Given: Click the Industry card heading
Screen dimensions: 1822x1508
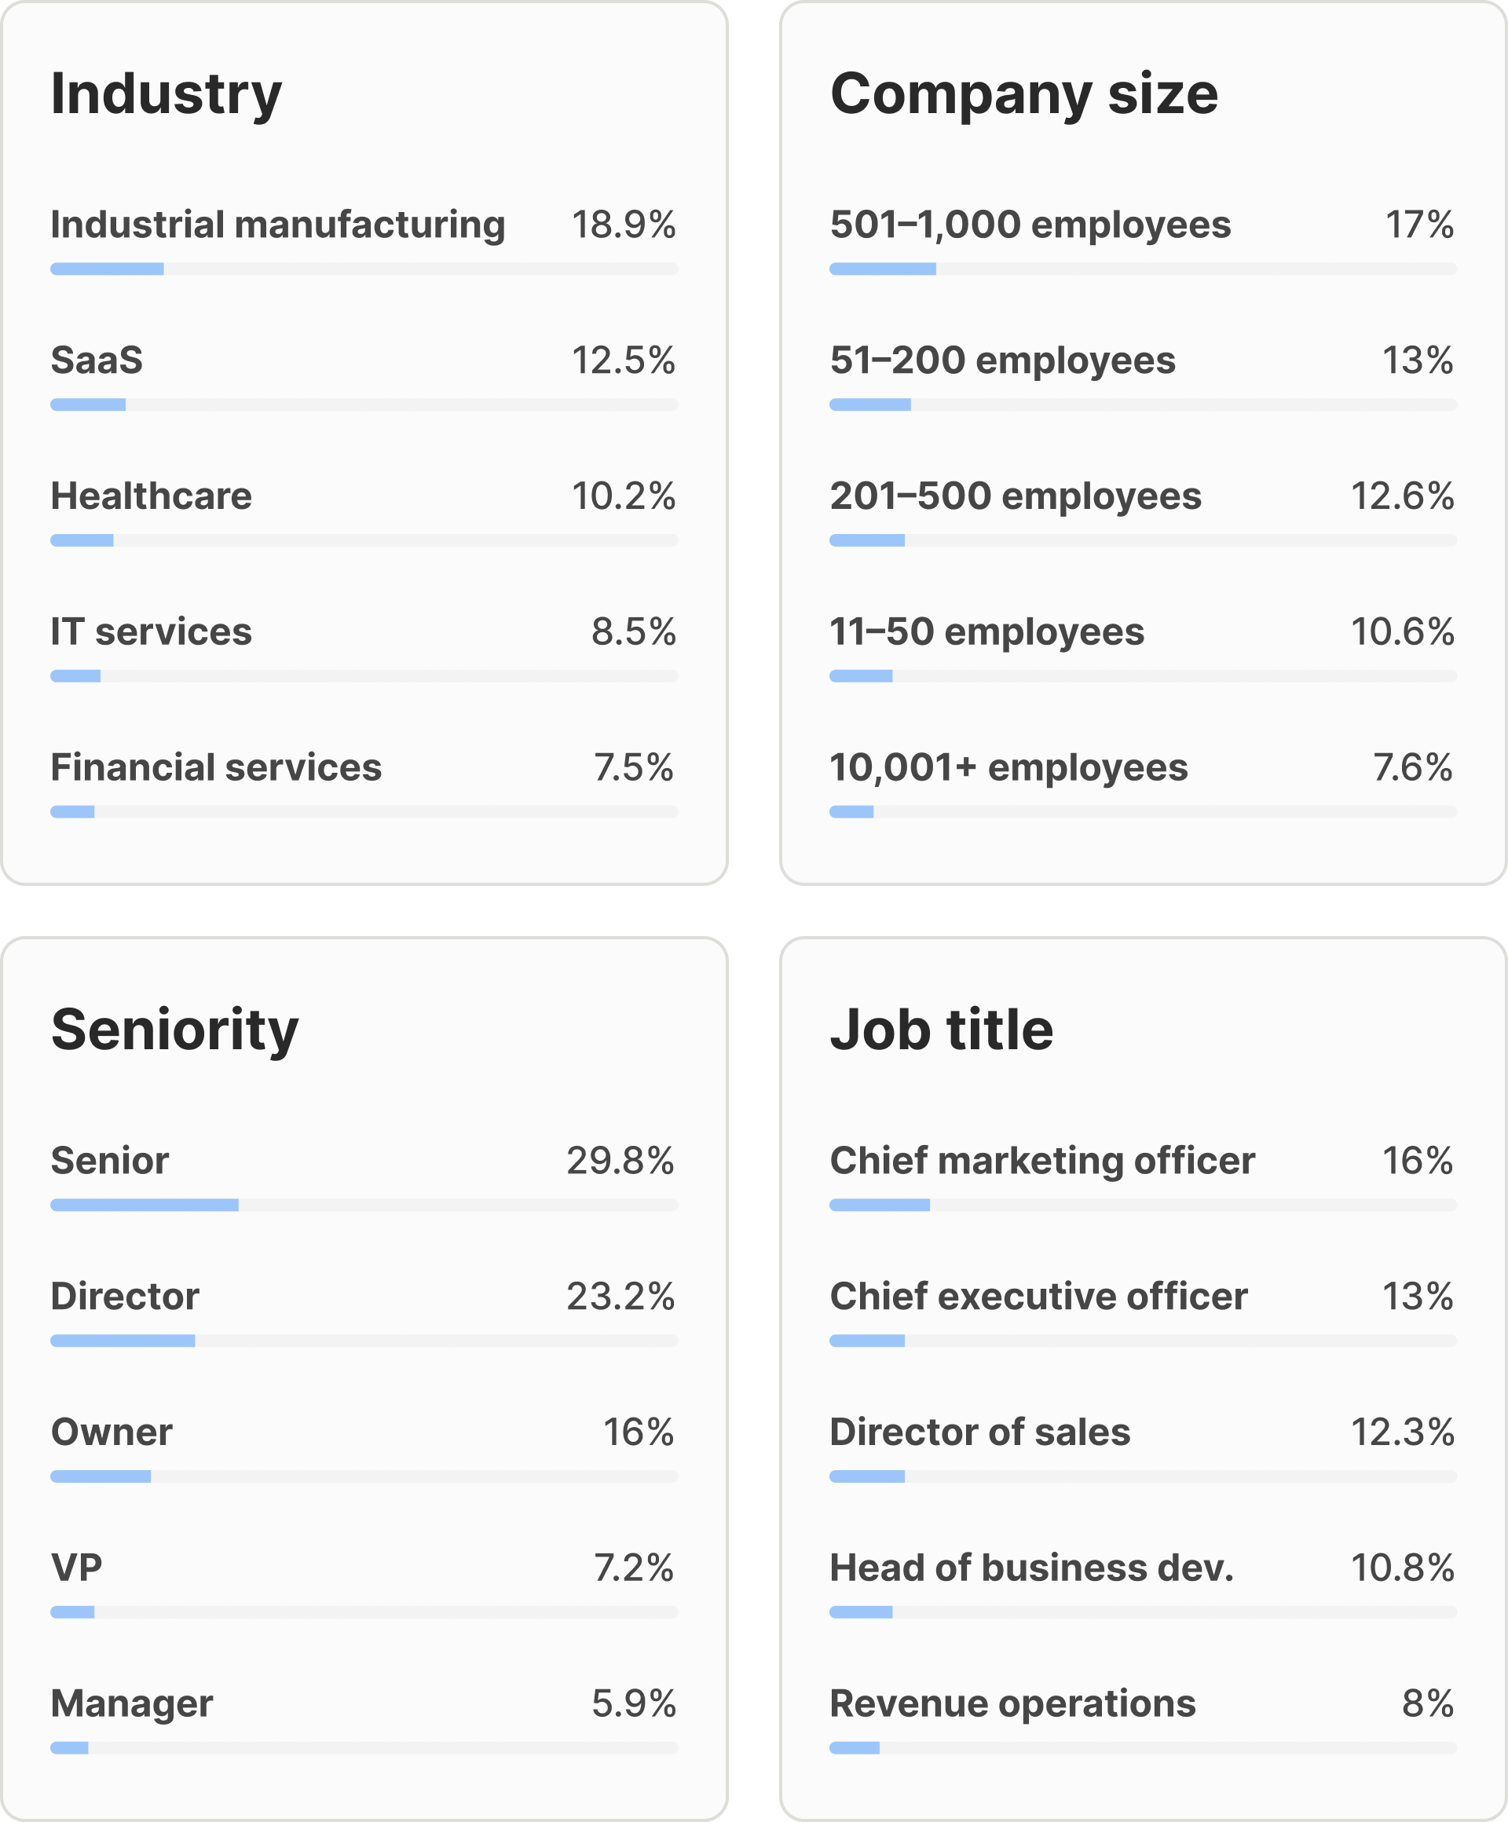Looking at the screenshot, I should click(x=166, y=94).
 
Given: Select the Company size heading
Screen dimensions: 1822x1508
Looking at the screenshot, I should click(x=1024, y=94).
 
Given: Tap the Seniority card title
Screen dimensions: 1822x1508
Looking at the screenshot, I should click(x=174, y=1030).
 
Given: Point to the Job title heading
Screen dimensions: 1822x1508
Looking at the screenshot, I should click(x=942, y=1030).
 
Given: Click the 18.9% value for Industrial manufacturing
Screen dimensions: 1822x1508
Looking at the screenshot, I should click(x=623, y=225).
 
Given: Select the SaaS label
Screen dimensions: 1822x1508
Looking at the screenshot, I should click(x=97, y=360).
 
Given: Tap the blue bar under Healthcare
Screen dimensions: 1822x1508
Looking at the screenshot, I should click(x=82, y=540).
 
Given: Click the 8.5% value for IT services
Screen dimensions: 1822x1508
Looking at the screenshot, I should click(x=633, y=631).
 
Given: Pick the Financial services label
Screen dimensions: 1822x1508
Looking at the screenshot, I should click(x=216, y=768).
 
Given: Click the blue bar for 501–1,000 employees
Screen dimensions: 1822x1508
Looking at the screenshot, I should click(x=882, y=269).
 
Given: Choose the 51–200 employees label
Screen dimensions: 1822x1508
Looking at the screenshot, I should click(x=1002, y=360).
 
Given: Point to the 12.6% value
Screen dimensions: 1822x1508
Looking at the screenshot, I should click(x=1402, y=496).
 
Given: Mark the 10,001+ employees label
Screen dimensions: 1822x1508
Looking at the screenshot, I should click(x=1008, y=768).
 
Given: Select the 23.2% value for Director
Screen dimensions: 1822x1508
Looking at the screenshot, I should click(x=620, y=1297).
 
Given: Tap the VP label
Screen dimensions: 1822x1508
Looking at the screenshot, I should click(x=76, y=1568).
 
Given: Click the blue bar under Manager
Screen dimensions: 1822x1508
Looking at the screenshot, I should click(x=69, y=1747).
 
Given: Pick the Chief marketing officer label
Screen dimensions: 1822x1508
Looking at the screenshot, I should click(x=1042, y=1161).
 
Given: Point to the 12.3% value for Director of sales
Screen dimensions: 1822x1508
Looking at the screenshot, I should click(x=1402, y=1432).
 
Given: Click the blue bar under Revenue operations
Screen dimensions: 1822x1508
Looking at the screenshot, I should click(x=855, y=1747).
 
